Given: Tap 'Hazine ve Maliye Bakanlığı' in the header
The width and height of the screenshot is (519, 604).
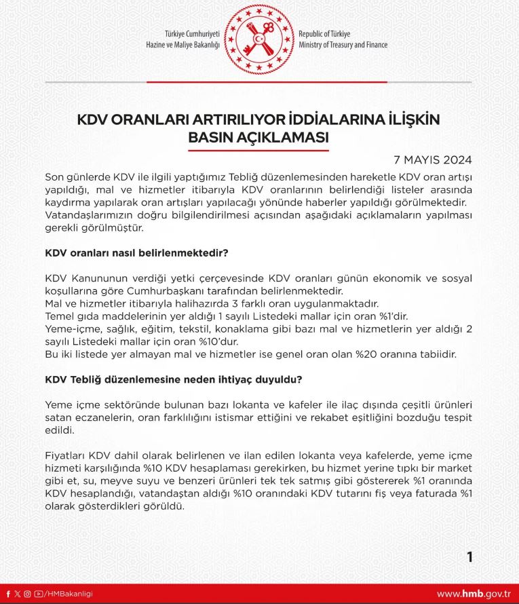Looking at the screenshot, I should (x=183, y=45).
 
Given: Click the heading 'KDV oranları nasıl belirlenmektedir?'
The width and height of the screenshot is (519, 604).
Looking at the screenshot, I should (x=136, y=252).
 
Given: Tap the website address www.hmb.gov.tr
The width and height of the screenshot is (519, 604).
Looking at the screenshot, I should (x=473, y=594).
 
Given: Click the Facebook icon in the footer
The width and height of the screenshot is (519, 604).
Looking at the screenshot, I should (x=8, y=594).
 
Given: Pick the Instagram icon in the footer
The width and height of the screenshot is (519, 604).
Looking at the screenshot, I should (x=28, y=594).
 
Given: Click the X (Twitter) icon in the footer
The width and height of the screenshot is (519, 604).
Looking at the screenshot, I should (x=18, y=594).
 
